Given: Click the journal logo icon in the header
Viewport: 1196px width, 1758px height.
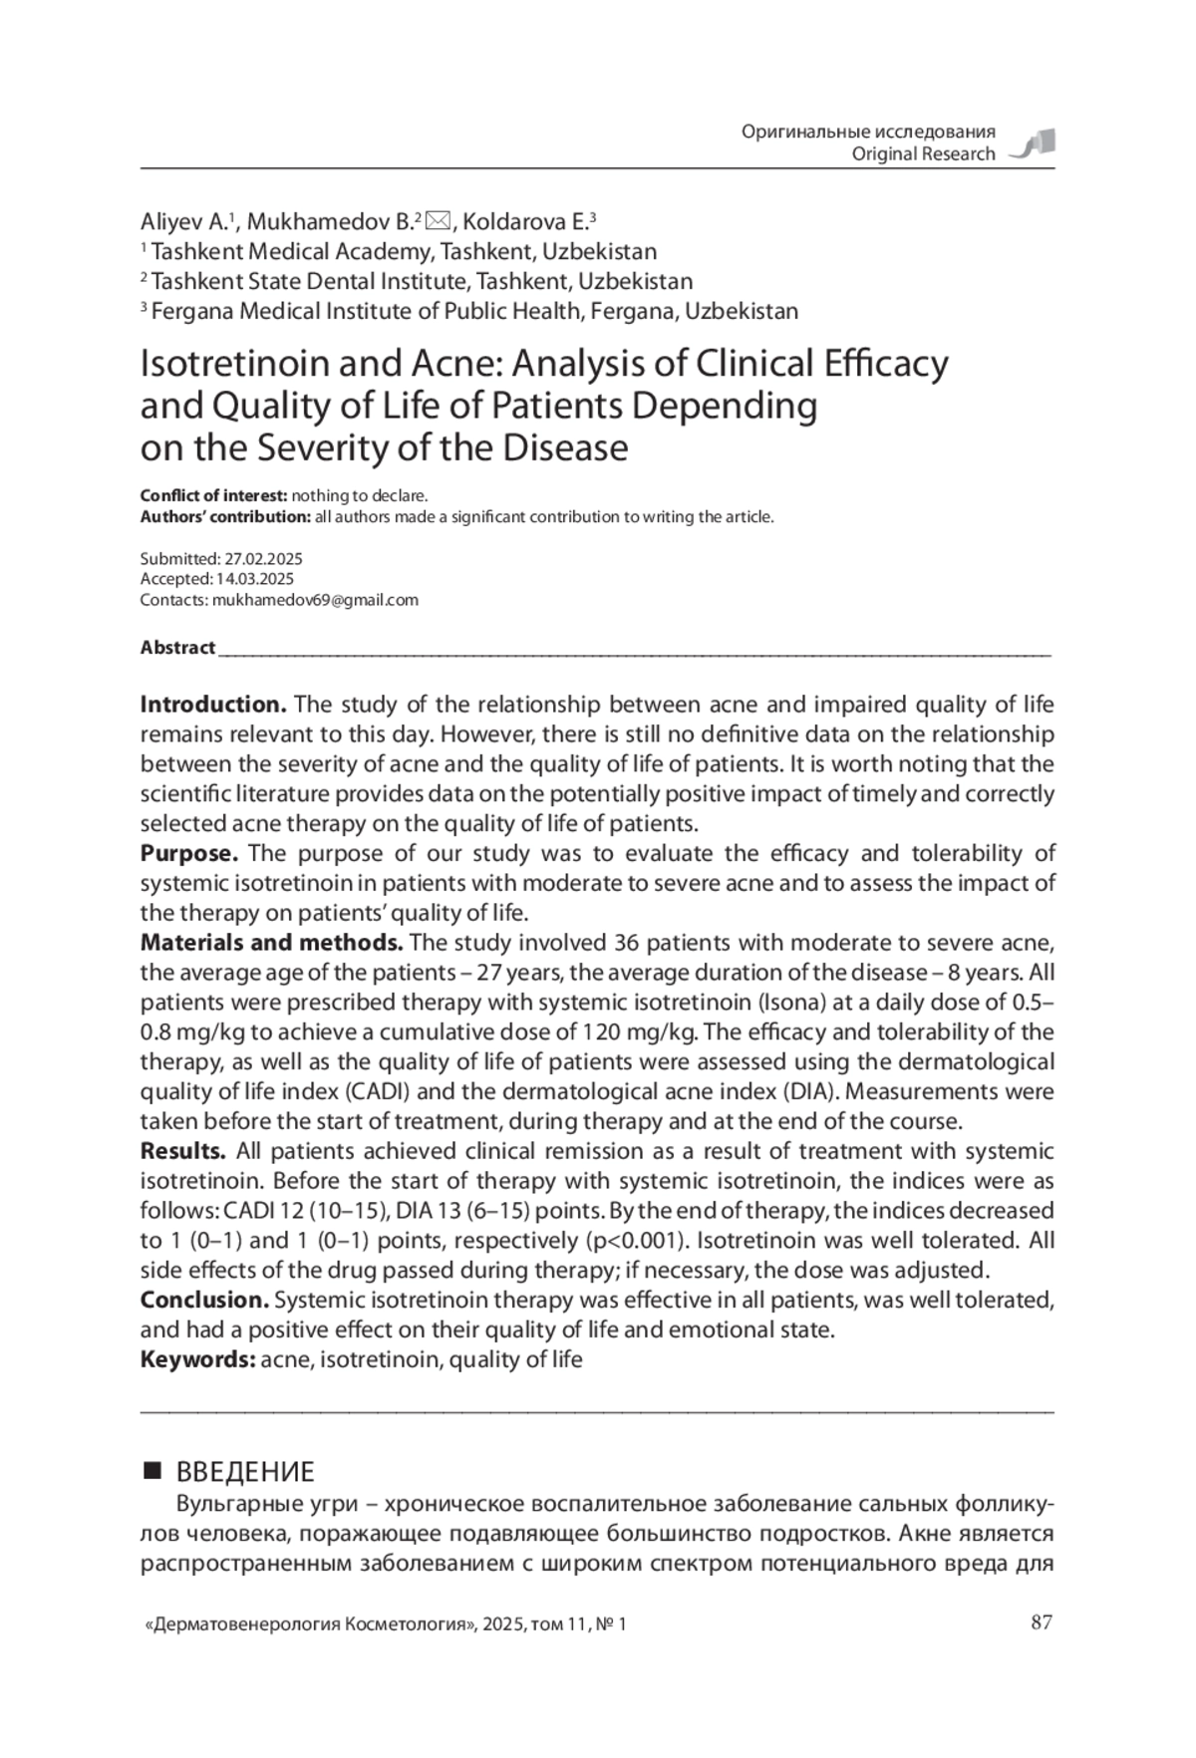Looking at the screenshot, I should click(1034, 145).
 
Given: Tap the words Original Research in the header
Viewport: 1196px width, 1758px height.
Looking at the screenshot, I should click(923, 153).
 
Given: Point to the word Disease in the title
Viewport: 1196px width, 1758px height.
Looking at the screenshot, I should click(565, 448).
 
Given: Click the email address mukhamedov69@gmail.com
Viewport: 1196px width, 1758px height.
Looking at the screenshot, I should click(315, 600).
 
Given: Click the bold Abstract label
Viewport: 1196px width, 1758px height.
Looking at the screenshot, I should click(177, 648).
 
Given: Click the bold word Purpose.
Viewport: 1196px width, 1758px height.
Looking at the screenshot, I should click(189, 853).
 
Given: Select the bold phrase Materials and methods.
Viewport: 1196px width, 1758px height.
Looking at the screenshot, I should click(271, 943).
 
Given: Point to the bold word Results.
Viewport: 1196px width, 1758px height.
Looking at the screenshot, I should click(183, 1151).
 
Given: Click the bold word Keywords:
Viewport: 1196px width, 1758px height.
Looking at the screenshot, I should click(197, 1359).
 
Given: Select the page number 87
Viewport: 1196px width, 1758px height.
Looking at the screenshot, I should click(1041, 1623).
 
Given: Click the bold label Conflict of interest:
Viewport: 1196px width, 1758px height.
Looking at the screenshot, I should click(213, 495).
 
